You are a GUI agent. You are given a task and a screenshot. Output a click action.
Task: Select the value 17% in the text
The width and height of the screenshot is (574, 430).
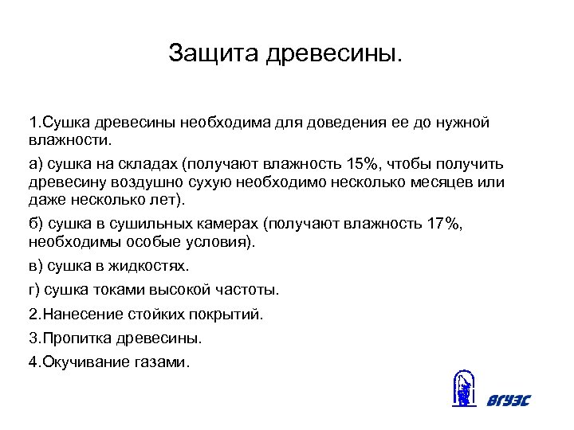click(x=444, y=224)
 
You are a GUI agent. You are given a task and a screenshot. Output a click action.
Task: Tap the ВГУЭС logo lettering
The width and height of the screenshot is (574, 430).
click(x=508, y=400)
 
